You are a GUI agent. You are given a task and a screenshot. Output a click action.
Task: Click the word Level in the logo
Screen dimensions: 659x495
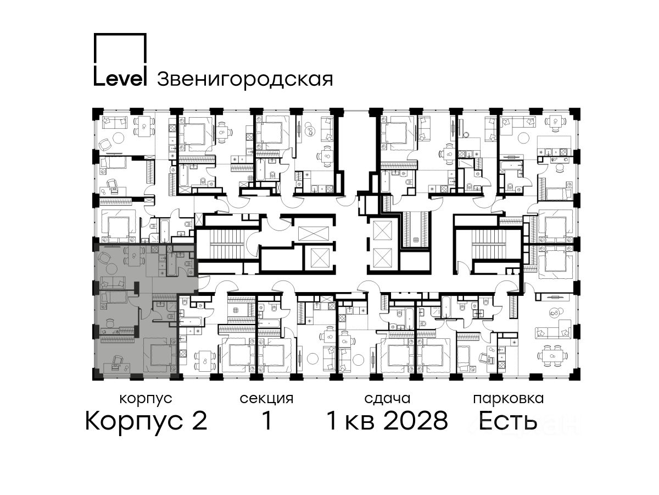pyautogui.click(x=120, y=79)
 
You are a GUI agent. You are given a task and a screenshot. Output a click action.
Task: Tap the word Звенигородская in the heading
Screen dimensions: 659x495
pyautogui.click(x=245, y=80)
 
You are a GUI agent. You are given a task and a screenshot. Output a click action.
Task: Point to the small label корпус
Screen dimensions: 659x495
pyautogui.click(x=146, y=399)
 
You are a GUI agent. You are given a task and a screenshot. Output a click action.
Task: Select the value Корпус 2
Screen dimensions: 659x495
pyautogui.click(x=146, y=421)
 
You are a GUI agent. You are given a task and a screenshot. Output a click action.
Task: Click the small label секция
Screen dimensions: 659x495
pyautogui.click(x=266, y=399)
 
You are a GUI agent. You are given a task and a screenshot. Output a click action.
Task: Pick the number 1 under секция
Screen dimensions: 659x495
pyautogui.click(x=267, y=421)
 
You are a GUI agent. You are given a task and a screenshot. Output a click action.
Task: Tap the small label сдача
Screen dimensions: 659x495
pyautogui.click(x=387, y=399)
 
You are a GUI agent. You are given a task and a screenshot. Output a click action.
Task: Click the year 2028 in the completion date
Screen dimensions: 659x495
pyautogui.click(x=416, y=421)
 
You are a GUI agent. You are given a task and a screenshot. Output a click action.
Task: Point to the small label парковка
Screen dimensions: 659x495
pyautogui.click(x=509, y=399)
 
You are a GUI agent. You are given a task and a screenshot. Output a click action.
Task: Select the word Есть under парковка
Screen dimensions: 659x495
pyautogui.click(x=507, y=421)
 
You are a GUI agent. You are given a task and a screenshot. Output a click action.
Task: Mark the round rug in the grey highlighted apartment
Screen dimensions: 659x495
pyautogui.click(x=113, y=268)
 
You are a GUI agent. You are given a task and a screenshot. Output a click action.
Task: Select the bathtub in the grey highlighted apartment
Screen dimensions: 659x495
pyautogui.click(x=171, y=264)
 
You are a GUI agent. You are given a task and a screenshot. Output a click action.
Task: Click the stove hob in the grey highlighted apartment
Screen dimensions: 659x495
pyautogui.click(x=155, y=249)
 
